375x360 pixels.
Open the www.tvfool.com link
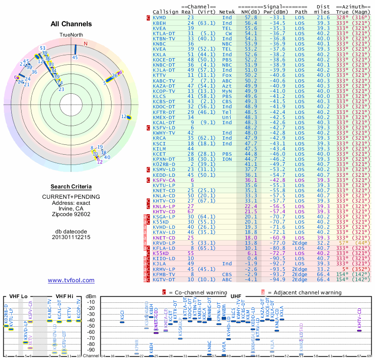coord(71,280)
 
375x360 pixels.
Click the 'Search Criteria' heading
coord(71,186)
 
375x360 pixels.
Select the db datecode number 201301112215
coord(71,237)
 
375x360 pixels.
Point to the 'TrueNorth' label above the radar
coord(71,35)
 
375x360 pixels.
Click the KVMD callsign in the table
coord(160,17)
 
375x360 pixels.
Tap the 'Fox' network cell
coord(227,75)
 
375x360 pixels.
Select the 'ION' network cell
coord(227,158)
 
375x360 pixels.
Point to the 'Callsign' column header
coord(165,11)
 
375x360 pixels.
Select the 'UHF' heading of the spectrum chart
coord(237,296)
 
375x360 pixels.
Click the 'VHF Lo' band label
coord(17,296)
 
